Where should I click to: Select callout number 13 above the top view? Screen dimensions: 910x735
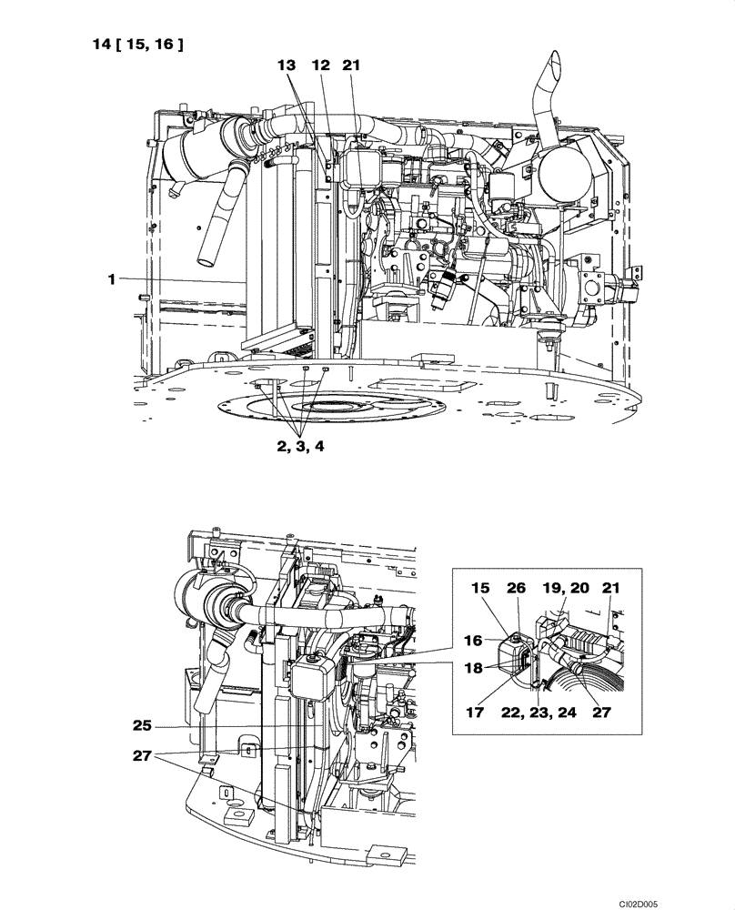pos(287,66)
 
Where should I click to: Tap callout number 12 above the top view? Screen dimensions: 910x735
pos(319,66)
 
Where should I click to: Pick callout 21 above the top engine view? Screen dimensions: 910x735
pos(352,66)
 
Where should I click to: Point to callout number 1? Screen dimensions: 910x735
pos(112,280)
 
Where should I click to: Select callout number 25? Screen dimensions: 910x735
pos(141,726)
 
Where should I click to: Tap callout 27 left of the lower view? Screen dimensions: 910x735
pos(141,754)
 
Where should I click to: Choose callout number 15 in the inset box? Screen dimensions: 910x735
pos(479,590)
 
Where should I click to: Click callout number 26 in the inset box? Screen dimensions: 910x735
pos(516,590)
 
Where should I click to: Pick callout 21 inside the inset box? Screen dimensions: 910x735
pos(610,590)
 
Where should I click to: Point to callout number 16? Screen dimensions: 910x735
pos(473,640)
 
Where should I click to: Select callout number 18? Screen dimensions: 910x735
pos(473,669)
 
